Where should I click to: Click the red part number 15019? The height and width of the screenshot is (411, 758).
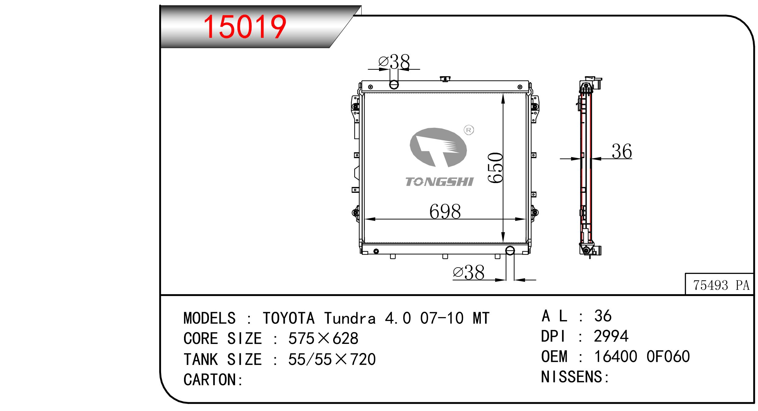[x=245, y=27]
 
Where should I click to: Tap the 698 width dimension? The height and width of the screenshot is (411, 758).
[x=445, y=211]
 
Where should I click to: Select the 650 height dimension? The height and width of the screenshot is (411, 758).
[x=495, y=168]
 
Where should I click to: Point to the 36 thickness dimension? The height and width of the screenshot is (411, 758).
[x=622, y=151]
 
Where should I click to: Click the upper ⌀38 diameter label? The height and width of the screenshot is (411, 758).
[x=394, y=62]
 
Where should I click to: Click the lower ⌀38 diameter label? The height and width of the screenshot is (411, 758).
[x=469, y=272]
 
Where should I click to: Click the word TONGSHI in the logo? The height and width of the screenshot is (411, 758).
[x=439, y=182]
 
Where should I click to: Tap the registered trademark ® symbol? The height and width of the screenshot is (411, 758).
[x=469, y=130]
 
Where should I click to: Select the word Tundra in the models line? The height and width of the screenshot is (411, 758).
[x=350, y=318]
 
